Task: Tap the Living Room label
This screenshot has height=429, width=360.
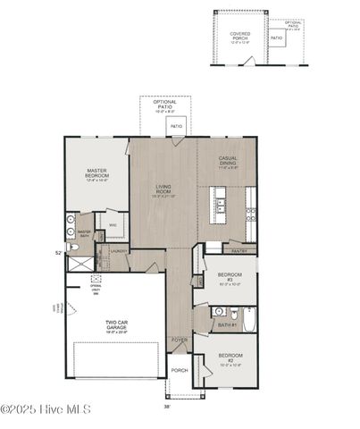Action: point(162,190)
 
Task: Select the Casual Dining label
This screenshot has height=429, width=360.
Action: point(228,162)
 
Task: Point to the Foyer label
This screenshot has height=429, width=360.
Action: point(180,341)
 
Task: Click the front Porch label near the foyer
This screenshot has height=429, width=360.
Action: point(180,371)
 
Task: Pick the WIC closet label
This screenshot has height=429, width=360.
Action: point(113,225)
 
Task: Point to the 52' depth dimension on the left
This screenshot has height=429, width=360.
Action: point(59,253)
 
